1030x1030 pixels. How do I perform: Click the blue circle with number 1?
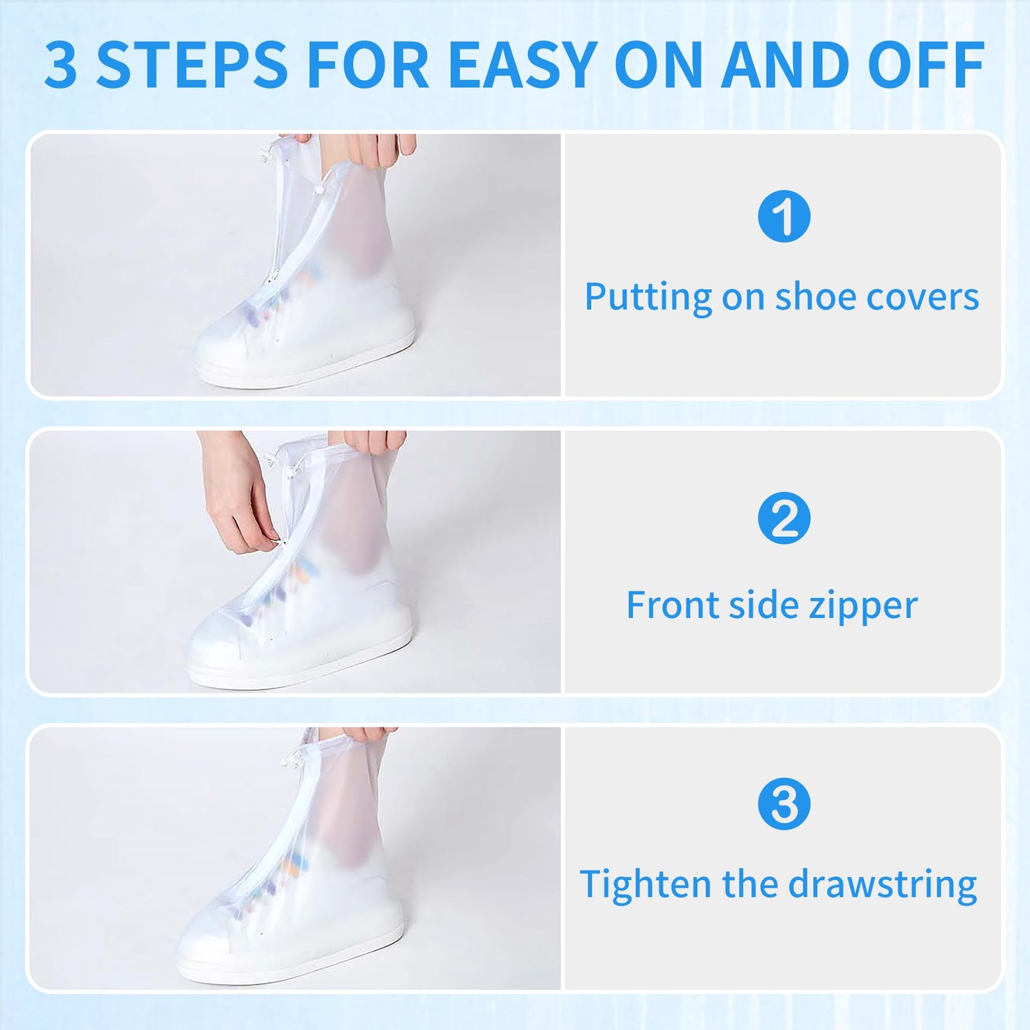click(x=783, y=216)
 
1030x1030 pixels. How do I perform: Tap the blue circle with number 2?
click(x=783, y=518)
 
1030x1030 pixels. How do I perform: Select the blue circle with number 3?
click(x=783, y=804)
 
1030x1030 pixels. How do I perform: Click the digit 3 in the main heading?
click(x=61, y=66)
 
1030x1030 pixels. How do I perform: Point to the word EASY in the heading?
click(x=521, y=66)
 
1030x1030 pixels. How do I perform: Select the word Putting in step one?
click(x=647, y=297)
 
